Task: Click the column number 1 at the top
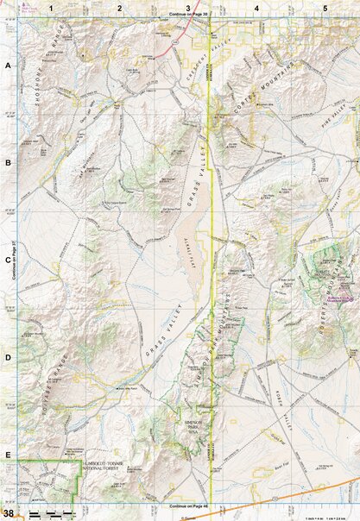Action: coord(51,8)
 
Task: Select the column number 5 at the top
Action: coord(325,8)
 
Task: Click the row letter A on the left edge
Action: coord(8,66)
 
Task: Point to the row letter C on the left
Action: coord(8,259)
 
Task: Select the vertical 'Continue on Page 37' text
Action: coord(15,259)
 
